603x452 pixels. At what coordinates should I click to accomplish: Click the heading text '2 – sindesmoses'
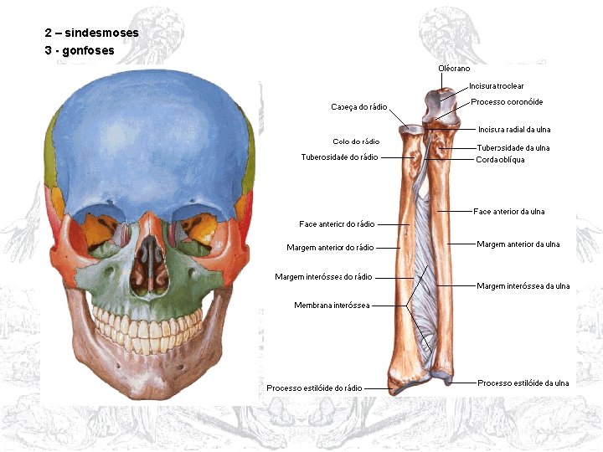pos(91,33)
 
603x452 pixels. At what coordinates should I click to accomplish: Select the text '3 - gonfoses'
pos(80,50)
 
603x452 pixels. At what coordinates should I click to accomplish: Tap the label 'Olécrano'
pos(454,68)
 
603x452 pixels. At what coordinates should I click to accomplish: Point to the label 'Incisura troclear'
pos(497,86)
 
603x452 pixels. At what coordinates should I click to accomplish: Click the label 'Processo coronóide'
pos(507,102)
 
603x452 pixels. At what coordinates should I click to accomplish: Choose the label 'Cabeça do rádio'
pos(358,107)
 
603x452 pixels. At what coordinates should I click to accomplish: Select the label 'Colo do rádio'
pos(356,141)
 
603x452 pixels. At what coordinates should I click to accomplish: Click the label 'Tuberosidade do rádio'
pos(340,157)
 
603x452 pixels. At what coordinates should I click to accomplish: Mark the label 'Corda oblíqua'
pos(500,160)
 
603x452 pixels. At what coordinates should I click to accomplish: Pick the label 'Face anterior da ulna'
pos(508,212)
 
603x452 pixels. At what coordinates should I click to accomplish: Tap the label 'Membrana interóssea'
pos(332,306)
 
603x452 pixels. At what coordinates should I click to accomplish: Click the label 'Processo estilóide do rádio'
pos(314,388)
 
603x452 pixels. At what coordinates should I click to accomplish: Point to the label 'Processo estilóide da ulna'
pos(523,383)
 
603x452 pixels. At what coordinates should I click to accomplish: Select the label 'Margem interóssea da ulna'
pos(523,286)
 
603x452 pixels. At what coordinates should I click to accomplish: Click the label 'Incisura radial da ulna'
pos(514,130)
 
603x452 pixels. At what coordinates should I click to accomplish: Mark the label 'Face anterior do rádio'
pos(337,224)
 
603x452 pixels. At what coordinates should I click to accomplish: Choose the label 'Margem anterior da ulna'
pos(518,244)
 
